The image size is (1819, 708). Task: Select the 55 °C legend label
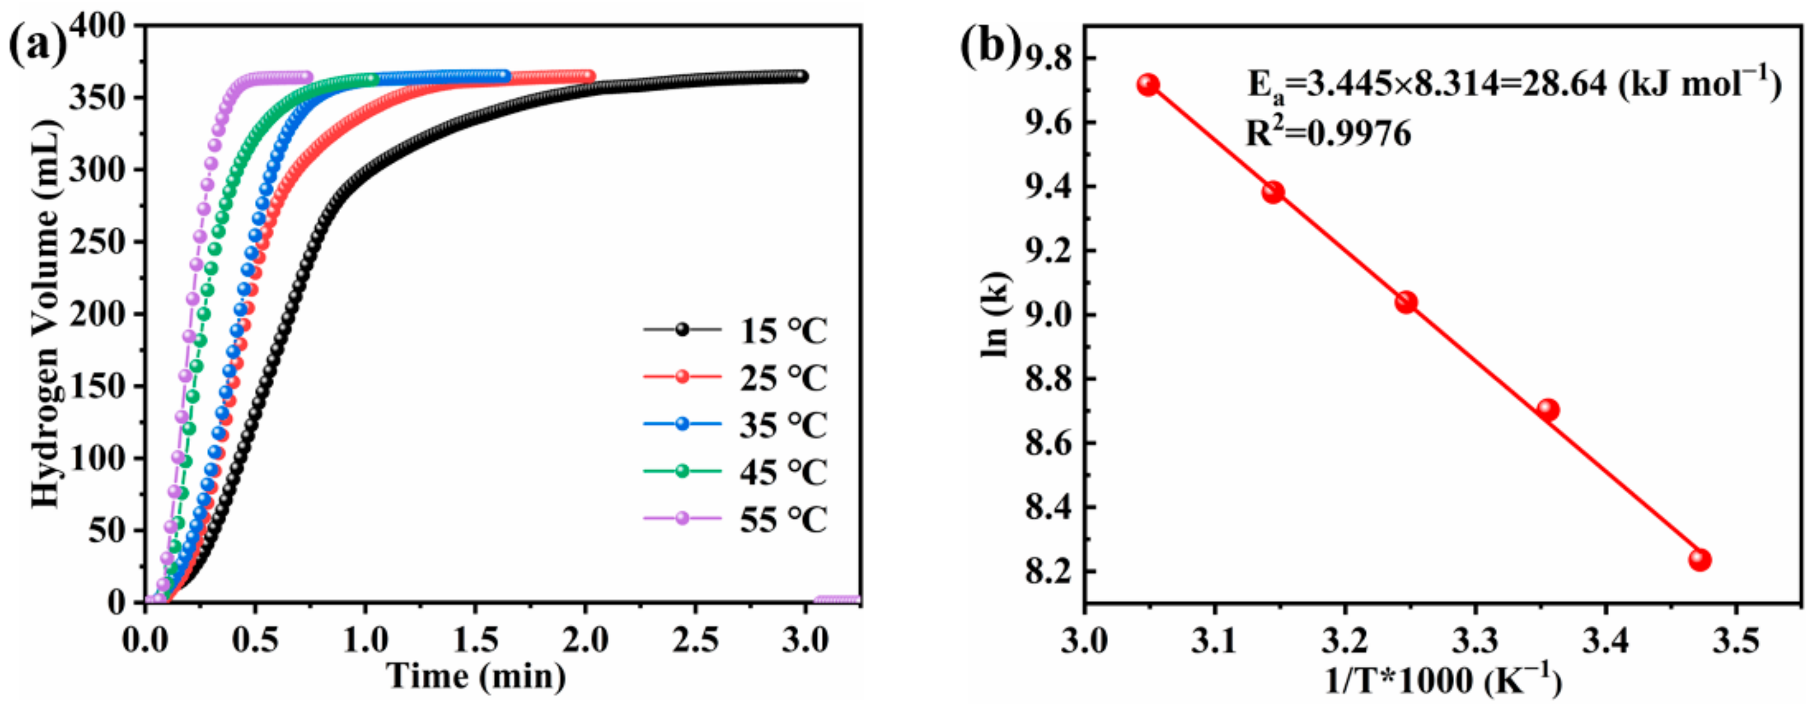point(782,520)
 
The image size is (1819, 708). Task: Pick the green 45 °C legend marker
point(682,471)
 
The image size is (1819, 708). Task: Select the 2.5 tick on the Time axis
point(695,640)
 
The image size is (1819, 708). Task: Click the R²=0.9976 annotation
point(1328,133)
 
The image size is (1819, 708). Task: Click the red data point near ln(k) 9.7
point(1148,85)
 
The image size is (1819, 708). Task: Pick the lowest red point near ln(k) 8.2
point(1700,560)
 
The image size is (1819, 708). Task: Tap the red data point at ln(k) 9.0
point(1406,302)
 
